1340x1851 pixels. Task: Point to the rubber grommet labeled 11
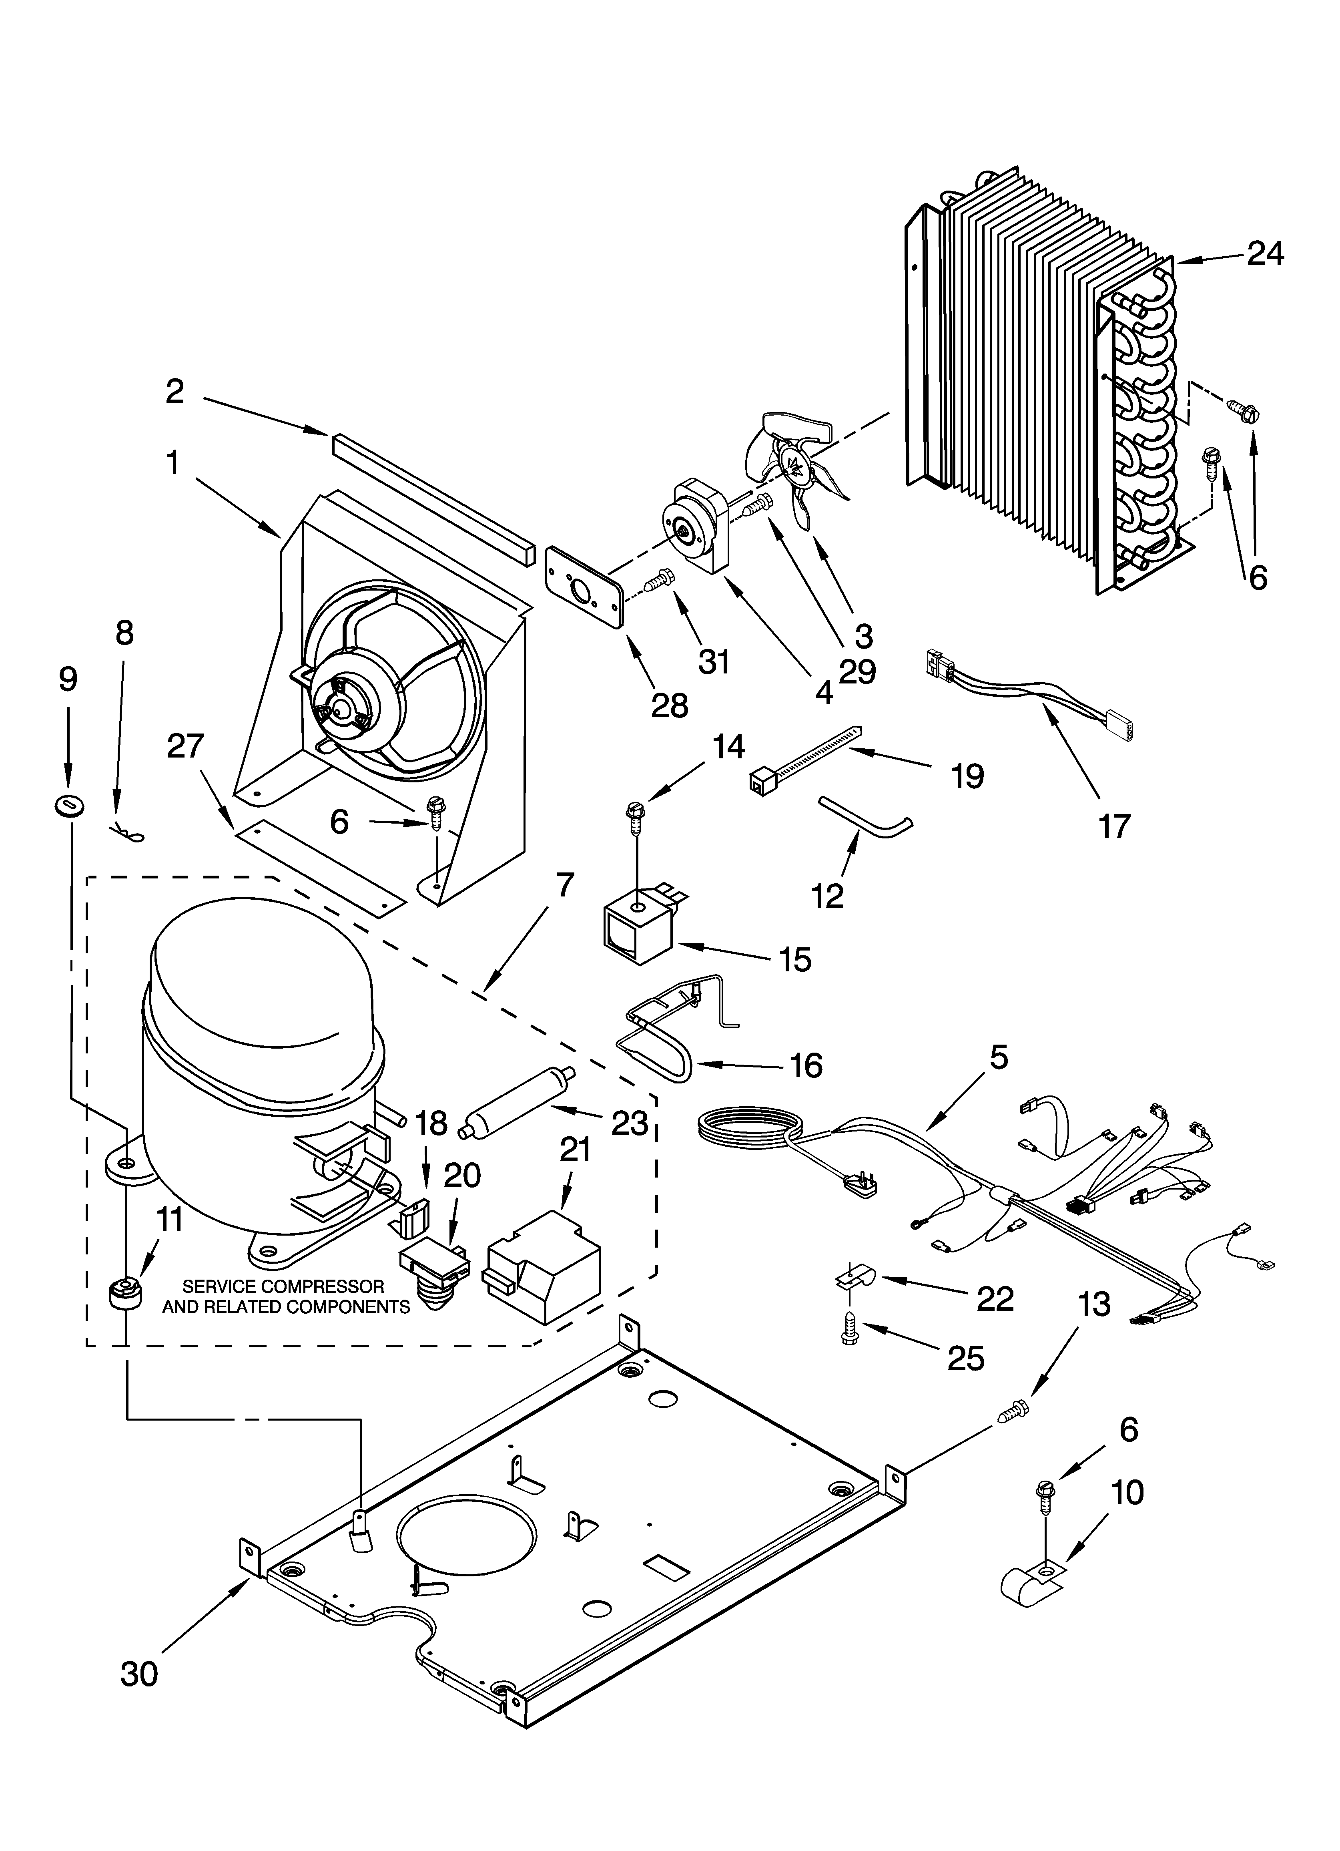click(x=125, y=1294)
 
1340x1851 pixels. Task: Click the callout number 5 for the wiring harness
click(x=998, y=1057)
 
